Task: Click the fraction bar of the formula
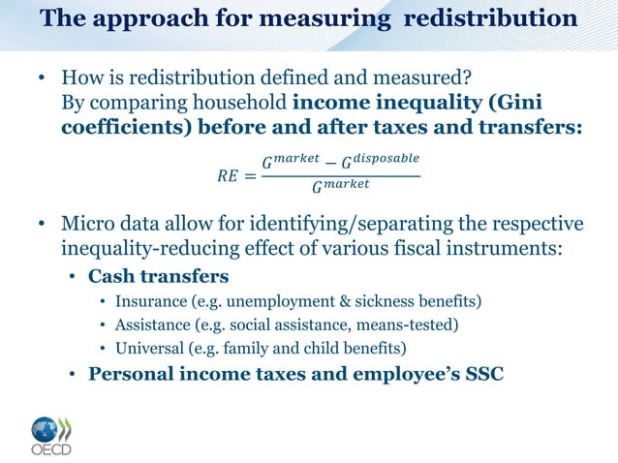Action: coord(341,176)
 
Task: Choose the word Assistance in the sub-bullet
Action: coord(152,324)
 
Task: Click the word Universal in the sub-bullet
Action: coord(150,347)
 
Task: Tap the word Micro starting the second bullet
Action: coord(86,225)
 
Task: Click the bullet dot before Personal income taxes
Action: coord(73,373)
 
